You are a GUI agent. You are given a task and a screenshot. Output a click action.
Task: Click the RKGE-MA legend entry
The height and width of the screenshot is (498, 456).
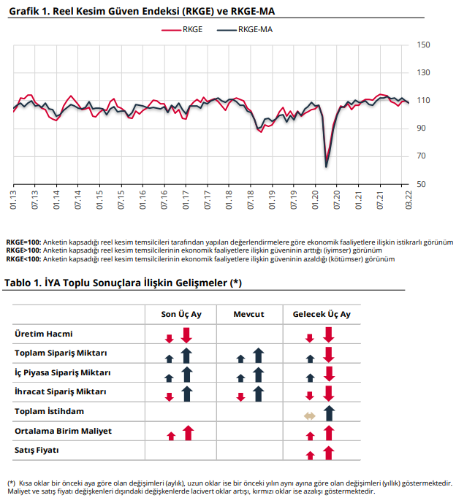pyautogui.click(x=245, y=29)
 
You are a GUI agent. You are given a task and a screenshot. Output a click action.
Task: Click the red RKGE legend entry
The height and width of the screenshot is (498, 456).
pyautogui.click(x=182, y=29)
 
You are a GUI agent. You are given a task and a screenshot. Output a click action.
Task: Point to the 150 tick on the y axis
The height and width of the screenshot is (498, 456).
pyautogui.click(x=423, y=45)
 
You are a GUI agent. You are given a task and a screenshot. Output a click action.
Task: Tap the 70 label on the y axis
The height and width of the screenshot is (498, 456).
pyautogui.click(x=421, y=156)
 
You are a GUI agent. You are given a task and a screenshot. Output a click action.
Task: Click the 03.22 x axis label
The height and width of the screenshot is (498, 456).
pyautogui.click(x=408, y=200)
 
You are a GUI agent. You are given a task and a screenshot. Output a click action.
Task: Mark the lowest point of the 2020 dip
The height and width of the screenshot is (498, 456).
pyautogui.click(x=326, y=166)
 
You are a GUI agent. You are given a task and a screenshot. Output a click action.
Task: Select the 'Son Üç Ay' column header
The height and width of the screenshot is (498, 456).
pyautogui.click(x=181, y=315)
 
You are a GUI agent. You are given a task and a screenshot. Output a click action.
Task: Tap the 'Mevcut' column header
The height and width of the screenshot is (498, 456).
pyautogui.click(x=248, y=315)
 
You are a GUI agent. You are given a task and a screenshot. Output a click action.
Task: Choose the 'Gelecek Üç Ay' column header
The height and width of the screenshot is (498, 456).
pyautogui.click(x=322, y=315)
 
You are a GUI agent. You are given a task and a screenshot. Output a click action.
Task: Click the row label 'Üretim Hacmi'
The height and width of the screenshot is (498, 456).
pyautogui.click(x=44, y=334)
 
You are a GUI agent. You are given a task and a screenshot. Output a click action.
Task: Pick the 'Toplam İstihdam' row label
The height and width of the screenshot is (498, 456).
pyautogui.click(x=49, y=411)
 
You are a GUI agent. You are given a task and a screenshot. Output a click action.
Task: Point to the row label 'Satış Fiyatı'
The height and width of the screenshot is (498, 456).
pyautogui.click(x=37, y=451)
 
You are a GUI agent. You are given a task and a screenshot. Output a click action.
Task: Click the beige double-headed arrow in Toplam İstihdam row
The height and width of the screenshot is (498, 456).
pyautogui.click(x=310, y=416)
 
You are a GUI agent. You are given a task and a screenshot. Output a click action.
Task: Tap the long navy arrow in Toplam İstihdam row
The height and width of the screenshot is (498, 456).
pyautogui.click(x=329, y=413)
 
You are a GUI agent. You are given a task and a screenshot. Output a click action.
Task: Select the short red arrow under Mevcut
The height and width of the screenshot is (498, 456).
pyautogui.click(x=241, y=397)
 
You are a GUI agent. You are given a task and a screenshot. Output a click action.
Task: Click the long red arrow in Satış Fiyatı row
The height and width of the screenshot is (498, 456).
pyautogui.click(x=329, y=453)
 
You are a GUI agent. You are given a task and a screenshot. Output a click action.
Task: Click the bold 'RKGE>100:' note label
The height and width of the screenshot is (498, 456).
pyautogui.click(x=23, y=250)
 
